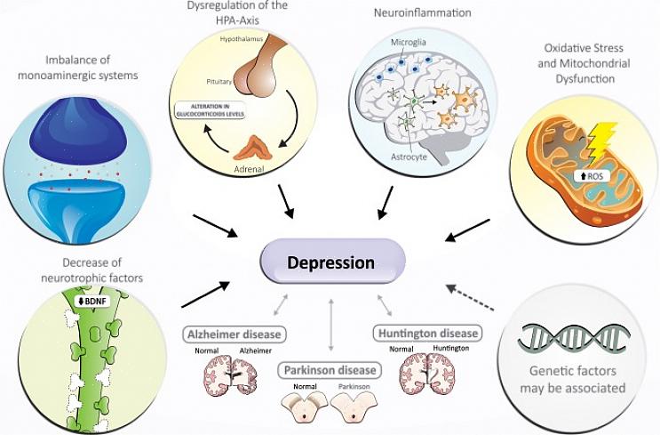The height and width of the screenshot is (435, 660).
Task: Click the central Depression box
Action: (x=331, y=263)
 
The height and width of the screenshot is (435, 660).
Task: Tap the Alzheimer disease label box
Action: (x=235, y=334)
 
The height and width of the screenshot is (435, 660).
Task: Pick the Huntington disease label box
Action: (x=427, y=334)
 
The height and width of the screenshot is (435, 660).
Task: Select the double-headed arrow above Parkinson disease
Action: (x=330, y=326)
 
